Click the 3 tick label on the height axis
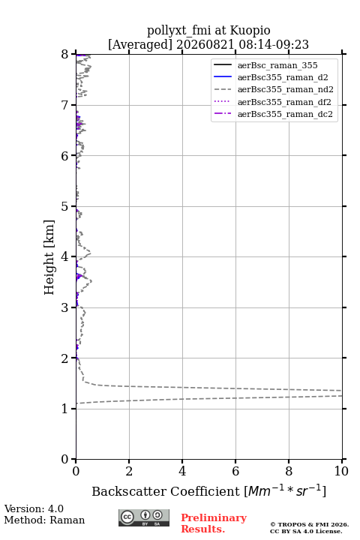(64, 307)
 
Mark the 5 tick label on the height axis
(64, 206)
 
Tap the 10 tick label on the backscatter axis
(341, 471)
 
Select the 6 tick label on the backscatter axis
(235, 471)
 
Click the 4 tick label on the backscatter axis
(182, 471)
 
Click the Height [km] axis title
(49, 257)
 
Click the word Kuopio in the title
(250, 31)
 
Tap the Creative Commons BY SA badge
(144, 517)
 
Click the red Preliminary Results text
(214, 523)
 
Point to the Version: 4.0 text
(34, 508)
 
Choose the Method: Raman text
(44, 520)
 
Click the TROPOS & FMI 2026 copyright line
(309, 524)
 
